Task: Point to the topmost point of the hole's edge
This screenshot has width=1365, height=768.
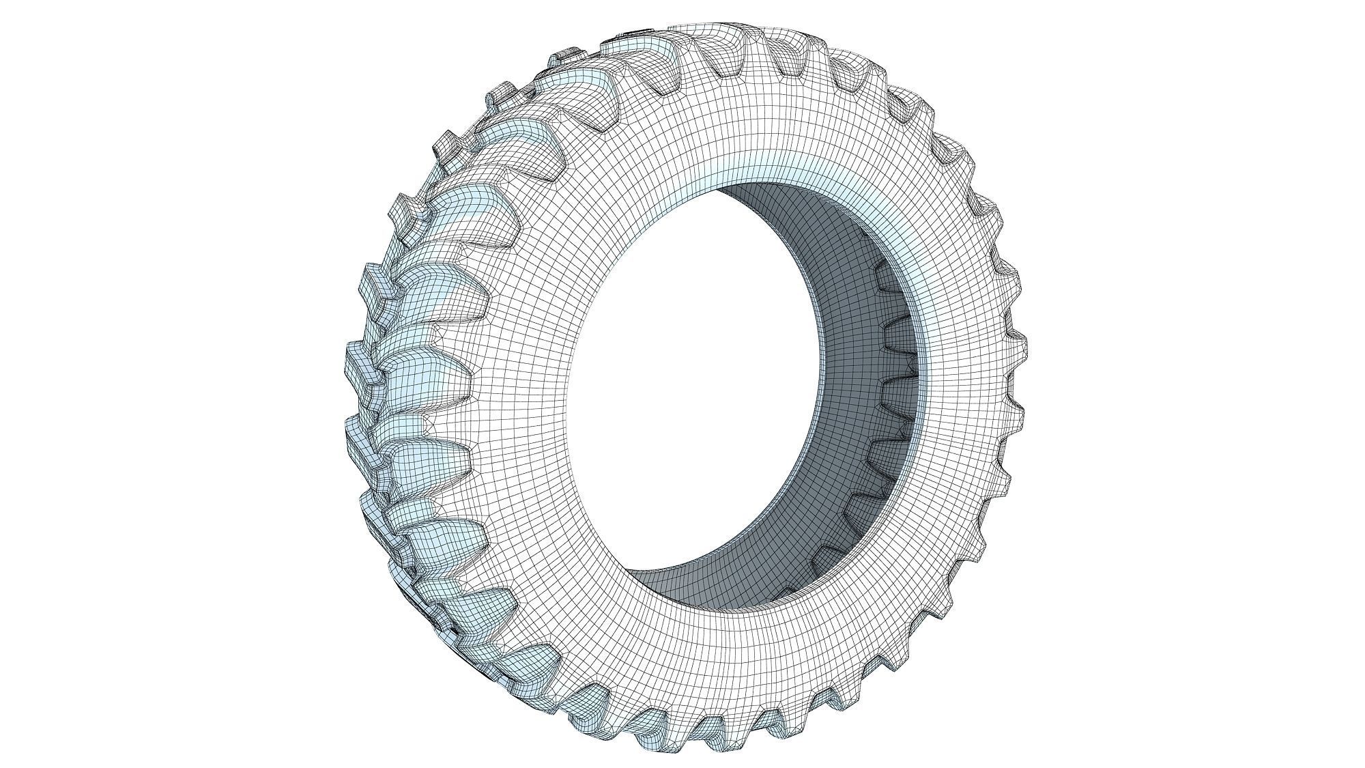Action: (x=737, y=183)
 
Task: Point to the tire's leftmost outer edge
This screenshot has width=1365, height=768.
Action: (x=344, y=382)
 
